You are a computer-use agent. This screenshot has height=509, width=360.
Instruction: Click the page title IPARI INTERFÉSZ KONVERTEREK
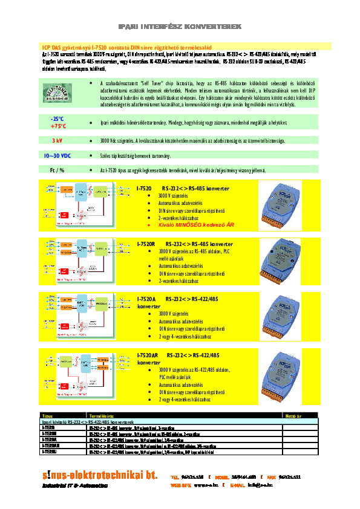click(180, 27)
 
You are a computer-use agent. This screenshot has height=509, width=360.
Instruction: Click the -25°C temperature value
click(58, 118)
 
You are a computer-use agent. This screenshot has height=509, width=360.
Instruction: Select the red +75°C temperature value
click(58, 126)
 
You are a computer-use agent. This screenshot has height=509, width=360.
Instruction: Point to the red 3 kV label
click(57, 140)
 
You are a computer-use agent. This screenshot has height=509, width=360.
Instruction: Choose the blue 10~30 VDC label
click(57, 155)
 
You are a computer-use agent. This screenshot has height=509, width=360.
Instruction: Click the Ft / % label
click(57, 170)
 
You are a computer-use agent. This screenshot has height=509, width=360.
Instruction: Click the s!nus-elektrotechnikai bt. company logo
click(100, 475)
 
